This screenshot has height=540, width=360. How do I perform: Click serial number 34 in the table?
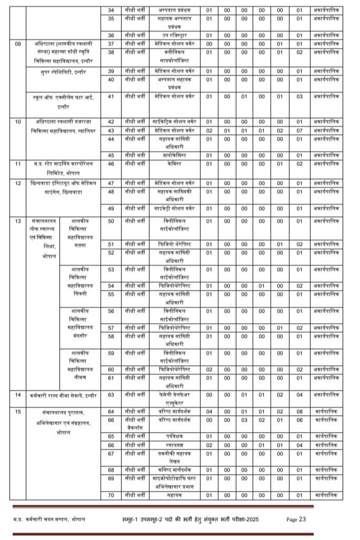tap(111, 10)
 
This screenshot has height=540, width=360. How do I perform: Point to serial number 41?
tap(111, 96)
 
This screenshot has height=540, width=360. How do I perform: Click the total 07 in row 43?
tap(299, 130)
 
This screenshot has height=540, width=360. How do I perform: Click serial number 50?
tap(111, 222)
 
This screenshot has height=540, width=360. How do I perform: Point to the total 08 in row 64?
tap(299, 412)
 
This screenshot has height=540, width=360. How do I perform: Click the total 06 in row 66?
tap(299, 420)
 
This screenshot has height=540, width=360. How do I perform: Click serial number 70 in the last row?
tap(111, 495)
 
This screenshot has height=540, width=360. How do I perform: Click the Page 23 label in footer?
tap(296, 519)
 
